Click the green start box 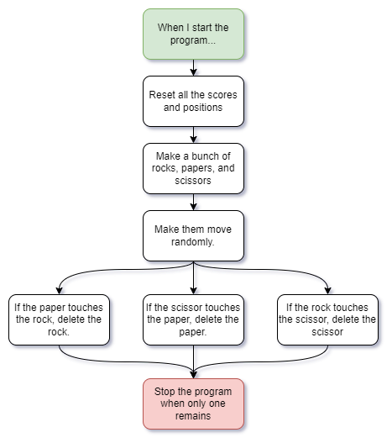pos(193,34)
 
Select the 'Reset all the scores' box pos(193,101)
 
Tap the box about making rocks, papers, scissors pos(193,168)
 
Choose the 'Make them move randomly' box pos(193,235)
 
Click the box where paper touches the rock pos(59,319)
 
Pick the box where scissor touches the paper pos(193,319)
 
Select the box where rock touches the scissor pos(327,319)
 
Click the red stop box pos(193,403)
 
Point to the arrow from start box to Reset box pos(193,67)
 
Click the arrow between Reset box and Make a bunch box pos(193,134)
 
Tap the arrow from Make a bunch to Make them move pos(193,202)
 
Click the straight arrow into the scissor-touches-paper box pos(193,277)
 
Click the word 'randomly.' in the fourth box pos(193,242)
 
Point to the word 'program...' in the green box pos(193,40)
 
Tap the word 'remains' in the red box pos(193,416)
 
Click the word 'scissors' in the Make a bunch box pos(193,181)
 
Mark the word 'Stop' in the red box pos(165,392)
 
